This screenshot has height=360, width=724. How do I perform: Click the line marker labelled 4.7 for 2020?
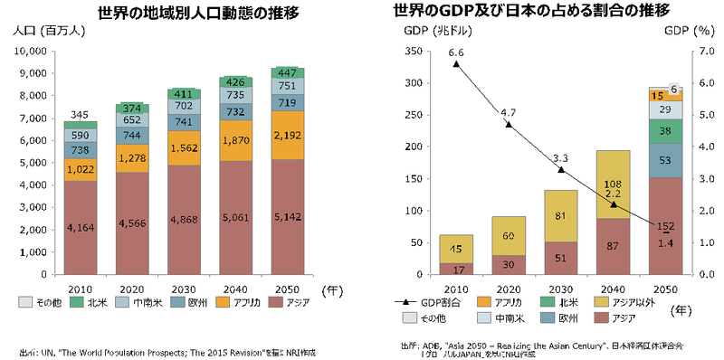pyautogui.click(x=509, y=125)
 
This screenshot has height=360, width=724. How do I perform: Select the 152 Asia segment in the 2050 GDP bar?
pyautogui.click(x=664, y=226)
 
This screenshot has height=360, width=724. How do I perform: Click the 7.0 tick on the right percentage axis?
pyautogui.click(x=703, y=52)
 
